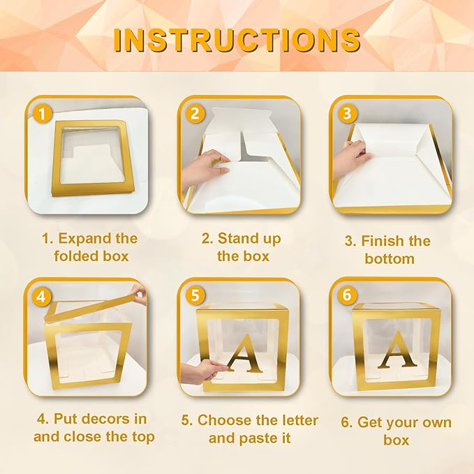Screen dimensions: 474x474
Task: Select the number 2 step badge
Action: pyautogui.click(x=195, y=113)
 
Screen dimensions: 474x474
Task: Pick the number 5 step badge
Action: pyautogui.click(x=195, y=296)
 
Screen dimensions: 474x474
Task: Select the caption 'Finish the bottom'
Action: pyautogui.click(x=389, y=250)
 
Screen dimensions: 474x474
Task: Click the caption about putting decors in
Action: pyautogui.click(x=91, y=428)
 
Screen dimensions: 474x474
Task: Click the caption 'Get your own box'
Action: pyautogui.click(x=395, y=431)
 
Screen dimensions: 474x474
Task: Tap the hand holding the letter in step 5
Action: pyautogui.click(x=202, y=370)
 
